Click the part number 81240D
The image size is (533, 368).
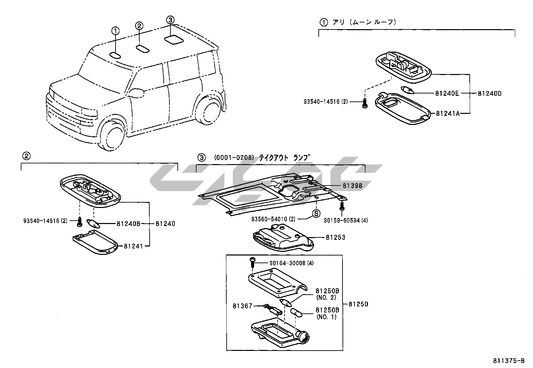tap(489, 93)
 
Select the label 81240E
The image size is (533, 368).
tap(447, 93)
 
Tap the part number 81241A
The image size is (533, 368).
tap(447, 114)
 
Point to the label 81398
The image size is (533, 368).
tap(352, 186)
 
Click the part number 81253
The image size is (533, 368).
tap(335, 237)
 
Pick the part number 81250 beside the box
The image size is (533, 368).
tap(358, 304)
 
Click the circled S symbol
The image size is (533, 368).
tap(316, 213)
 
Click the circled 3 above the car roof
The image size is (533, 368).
tap(170, 20)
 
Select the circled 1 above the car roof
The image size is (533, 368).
tap(115, 31)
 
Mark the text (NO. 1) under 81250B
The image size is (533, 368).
tap(326, 317)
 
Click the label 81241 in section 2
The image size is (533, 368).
tap(133, 246)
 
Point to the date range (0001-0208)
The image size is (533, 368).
tap(234, 157)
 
